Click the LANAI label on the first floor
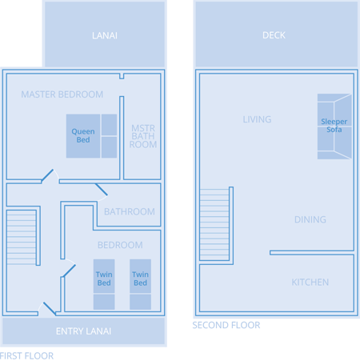tap(105, 35)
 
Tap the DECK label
tap(274, 35)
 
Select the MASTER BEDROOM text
tap(62, 94)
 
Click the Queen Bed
tap(91, 136)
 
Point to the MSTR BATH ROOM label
tap(143, 136)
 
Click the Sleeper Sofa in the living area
tap(334, 126)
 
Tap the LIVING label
tap(257, 119)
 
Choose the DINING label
tap(310, 219)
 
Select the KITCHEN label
tap(310, 283)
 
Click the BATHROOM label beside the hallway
tap(130, 211)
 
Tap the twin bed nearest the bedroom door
tap(104, 284)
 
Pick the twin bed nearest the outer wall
tap(140, 284)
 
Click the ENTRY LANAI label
tap(83, 331)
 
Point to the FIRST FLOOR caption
tap(26, 356)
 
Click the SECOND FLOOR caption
tap(226, 325)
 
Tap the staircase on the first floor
tap(22, 237)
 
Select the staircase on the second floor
tap(214, 224)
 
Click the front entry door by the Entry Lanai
tap(50, 309)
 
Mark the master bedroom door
tap(47, 175)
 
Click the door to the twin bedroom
tap(70, 271)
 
